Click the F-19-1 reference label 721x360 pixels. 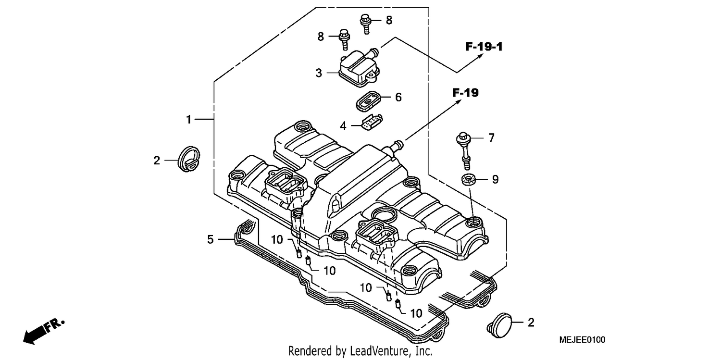pos(484,47)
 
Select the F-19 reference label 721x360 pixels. pos(465,93)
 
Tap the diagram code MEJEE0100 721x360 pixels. pos(582,340)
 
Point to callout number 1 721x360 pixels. pos(188,120)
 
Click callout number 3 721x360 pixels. pos(319,73)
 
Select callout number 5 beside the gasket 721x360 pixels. pos(210,239)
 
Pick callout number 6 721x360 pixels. pos(398,97)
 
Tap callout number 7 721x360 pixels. pos(491,138)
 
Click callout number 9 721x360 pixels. pos(496,179)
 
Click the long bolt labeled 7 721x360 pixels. pos(464,150)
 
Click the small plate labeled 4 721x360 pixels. pos(372,122)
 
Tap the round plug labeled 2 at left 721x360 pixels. pos(189,159)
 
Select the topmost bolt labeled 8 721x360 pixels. pos(366,24)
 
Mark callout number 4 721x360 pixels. pos(343,126)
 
